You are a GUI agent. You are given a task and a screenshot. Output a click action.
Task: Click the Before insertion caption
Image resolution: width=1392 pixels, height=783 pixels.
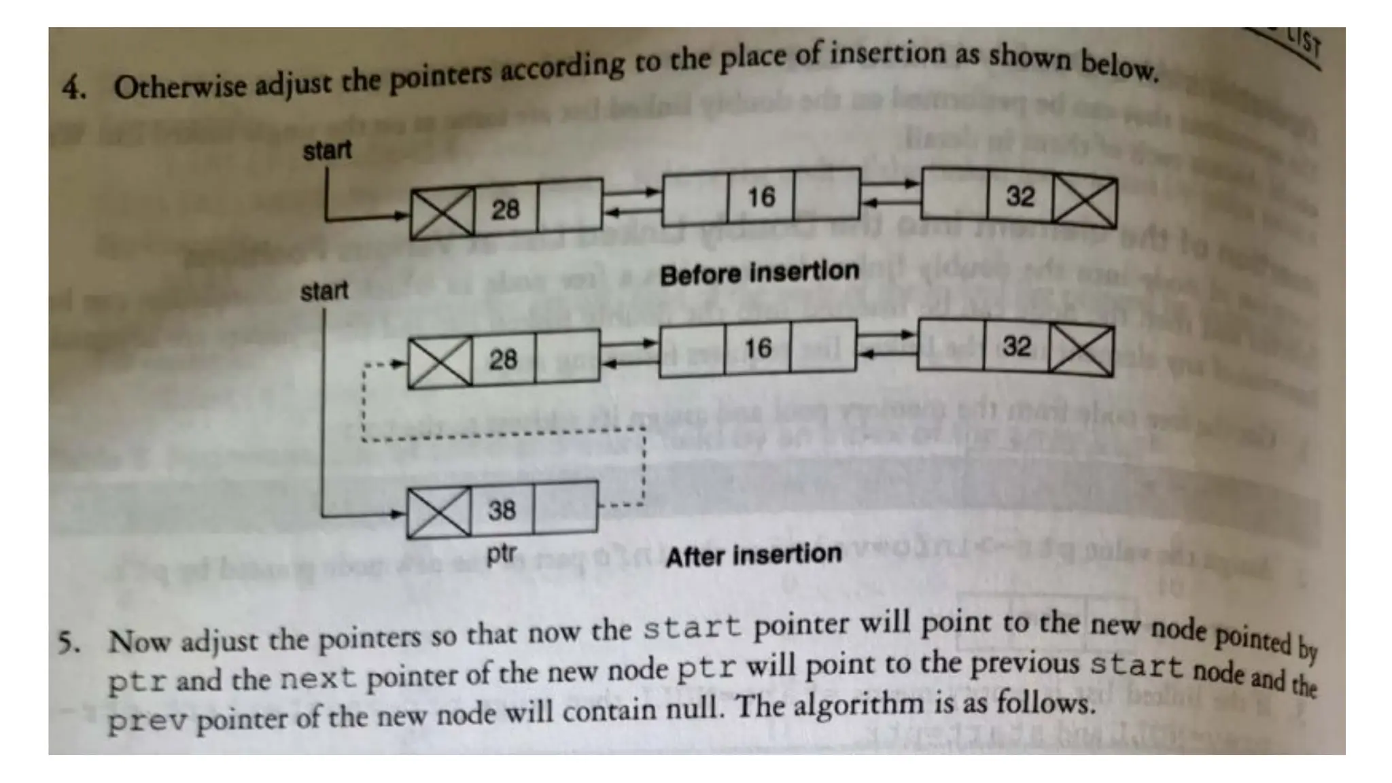pyautogui.click(x=759, y=273)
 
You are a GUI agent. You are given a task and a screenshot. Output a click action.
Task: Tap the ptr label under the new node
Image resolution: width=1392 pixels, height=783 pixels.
pyautogui.click(x=501, y=553)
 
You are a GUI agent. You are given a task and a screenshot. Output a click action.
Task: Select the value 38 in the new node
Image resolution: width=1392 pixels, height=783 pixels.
pyautogui.click(x=502, y=510)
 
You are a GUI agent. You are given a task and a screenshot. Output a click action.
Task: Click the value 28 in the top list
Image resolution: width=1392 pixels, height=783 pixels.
pyautogui.click(x=505, y=209)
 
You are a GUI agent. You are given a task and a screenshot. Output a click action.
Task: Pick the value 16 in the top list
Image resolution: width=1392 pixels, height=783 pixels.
pyautogui.click(x=761, y=198)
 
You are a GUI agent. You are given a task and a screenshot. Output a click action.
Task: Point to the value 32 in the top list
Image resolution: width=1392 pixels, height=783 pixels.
pyautogui.click(x=1020, y=197)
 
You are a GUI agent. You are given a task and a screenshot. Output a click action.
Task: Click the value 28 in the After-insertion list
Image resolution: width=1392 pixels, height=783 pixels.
pyautogui.click(x=503, y=360)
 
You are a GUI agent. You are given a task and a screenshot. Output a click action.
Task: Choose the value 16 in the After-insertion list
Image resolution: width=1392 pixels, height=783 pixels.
pyautogui.click(x=758, y=349)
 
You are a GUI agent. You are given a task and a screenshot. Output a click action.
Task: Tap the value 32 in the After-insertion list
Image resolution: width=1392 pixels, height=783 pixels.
pyautogui.click(x=1016, y=347)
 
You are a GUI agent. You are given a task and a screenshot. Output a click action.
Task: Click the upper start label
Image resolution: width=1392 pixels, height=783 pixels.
pyautogui.click(x=327, y=150)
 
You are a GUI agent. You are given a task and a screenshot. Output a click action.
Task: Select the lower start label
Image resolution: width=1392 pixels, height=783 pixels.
pyautogui.click(x=324, y=292)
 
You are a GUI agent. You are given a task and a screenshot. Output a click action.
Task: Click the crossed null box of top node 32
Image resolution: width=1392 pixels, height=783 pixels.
pyautogui.click(x=1084, y=201)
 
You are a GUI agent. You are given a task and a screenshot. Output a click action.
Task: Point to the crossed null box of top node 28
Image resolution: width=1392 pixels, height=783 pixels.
pyautogui.click(x=442, y=213)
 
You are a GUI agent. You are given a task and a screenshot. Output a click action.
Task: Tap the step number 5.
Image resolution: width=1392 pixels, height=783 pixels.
pyautogui.click(x=69, y=642)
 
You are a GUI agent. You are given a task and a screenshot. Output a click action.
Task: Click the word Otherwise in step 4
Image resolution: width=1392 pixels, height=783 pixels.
pyautogui.click(x=180, y=87)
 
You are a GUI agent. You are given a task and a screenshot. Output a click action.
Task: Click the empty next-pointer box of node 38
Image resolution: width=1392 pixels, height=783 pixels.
pyautogui.click(x=565, y=507)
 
